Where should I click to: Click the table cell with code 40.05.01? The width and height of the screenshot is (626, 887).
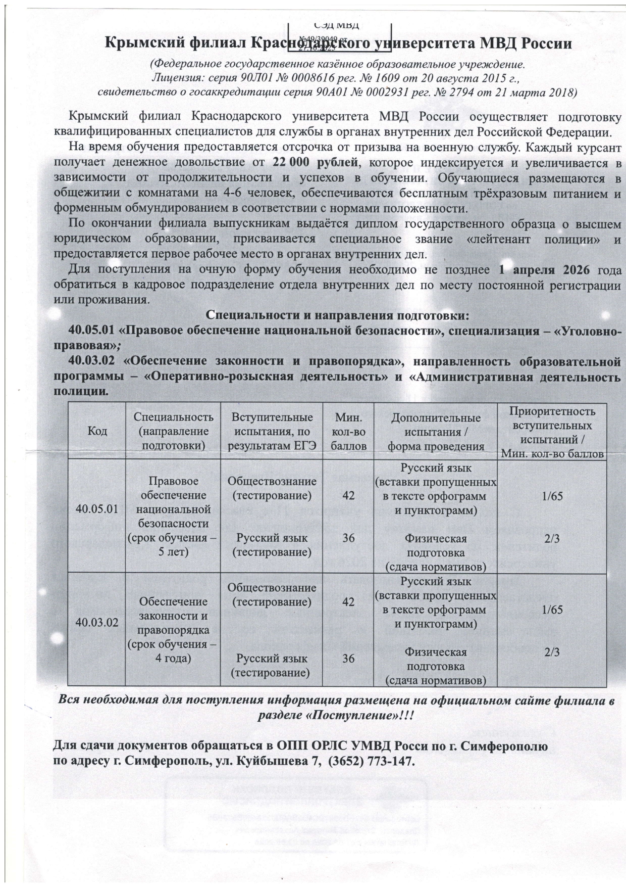click(x=96, y=509)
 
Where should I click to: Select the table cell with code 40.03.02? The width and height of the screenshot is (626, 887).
click(x=96, y=623)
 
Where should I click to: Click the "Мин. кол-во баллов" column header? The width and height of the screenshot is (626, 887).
click(x=348, y=432)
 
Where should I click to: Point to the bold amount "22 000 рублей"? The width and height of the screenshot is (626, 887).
click(x=316, y=162)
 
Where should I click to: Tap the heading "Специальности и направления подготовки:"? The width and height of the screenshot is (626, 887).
click(x=338, y=316)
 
